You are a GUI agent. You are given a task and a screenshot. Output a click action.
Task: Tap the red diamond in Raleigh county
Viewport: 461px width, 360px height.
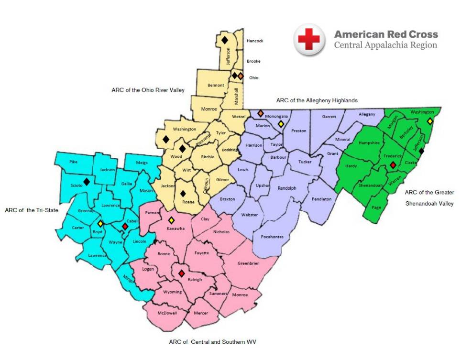click(181, 273)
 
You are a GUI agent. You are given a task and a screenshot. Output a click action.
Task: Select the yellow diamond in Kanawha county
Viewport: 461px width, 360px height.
click(171, 220)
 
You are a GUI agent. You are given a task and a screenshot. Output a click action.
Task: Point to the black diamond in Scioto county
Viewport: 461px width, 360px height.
click(87, 182)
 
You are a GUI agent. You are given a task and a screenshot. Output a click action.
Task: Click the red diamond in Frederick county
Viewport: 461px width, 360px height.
click(393, 165)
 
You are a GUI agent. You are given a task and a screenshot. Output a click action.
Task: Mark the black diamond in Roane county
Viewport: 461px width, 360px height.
click(183, 194)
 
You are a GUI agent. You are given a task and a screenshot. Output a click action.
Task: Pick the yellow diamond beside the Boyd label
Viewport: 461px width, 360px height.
click(100, 223)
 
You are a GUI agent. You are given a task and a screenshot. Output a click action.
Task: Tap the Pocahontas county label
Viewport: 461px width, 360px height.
click(272, 237)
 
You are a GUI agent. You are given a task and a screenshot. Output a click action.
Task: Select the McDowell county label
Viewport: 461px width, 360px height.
click(167, 313)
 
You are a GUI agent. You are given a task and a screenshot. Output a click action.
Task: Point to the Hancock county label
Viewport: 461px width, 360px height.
click(255, 41)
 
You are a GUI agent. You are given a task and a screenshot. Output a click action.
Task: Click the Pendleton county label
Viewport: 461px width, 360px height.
click(321, 199)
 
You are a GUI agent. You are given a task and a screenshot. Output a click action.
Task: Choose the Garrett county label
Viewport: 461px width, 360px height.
click(329, 117)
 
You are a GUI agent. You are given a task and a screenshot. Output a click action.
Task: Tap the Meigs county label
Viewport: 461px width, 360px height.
click(142, 163)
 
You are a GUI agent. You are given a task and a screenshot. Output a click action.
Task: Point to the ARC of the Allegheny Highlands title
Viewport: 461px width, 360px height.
click(317, 100)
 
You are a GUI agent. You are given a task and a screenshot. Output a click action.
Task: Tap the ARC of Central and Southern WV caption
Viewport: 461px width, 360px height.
click(209, 342)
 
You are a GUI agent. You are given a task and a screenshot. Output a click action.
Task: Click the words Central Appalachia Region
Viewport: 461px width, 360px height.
click(385, 45)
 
